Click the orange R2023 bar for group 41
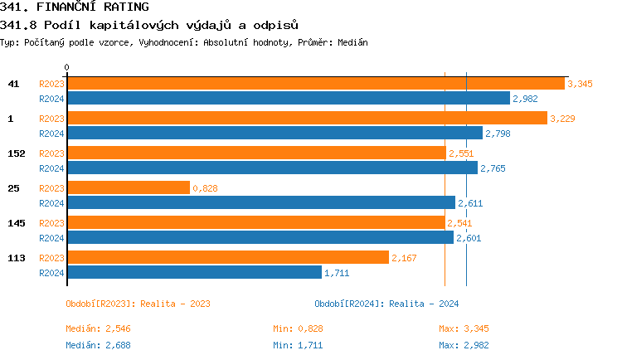click(315, 84)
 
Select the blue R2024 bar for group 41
click(288, 99)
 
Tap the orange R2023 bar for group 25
click(128, 188)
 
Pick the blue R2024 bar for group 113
click(194, 272)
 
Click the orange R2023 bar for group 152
click(255, 153)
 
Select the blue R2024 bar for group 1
click(275, 134)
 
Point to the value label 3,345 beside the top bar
click(580, 84)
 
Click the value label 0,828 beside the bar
click(205, 188)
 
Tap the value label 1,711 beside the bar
click(337, 272)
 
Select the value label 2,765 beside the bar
click(493, 168)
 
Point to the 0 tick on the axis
click(67, 67)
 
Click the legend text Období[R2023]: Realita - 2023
click(138, 304)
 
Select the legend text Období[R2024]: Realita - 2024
click(386, 304)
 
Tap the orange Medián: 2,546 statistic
click(98, 329)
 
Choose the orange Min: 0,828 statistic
click(298, 329)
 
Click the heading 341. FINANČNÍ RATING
click(75, 7)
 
